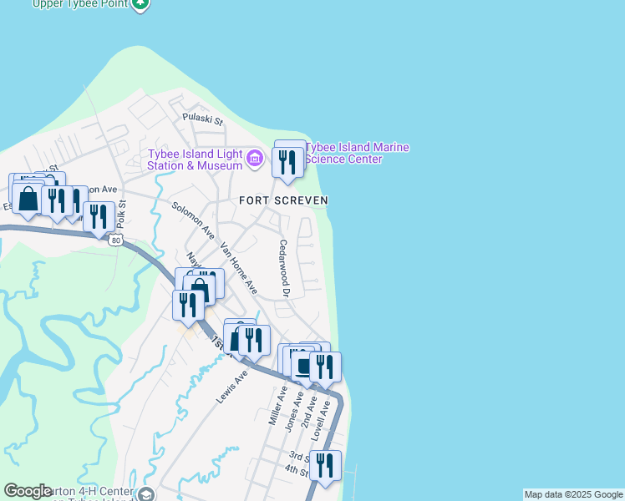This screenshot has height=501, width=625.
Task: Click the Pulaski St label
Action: pyautogui.click(x=204, y=120)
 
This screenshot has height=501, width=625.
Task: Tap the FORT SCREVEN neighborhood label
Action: pyautogui.click(x=283, y=200)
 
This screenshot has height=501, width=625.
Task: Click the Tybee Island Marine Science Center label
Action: pyautogui.click(x=358, y=154)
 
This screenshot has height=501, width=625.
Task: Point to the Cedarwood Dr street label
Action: pyautogui.click(x=283, y=269)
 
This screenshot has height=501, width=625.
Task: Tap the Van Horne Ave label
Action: pyautogui.click(x=239, y=268)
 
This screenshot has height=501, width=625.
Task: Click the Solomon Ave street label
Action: pyautogui.click(x=193, y=218)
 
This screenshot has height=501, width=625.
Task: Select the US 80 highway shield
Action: pyautogui.click(x=114, y=240)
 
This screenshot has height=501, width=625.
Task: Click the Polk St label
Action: pyautogui.click(x=121, y=214)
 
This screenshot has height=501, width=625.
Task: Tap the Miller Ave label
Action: pyautogui.click(x=278, y=407)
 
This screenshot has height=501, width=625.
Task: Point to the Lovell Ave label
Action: pyautogui.click(x=322, y=422)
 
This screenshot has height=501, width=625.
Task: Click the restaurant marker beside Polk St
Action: pyautogui.click(x=99, y=216)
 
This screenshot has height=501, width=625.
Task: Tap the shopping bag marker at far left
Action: pyautogui.click(x=28, y=199)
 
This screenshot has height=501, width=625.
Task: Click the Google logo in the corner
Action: pyautogui.click(x=28, y=491)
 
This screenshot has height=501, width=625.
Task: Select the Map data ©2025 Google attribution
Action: pyautogui.click(x=573, y=495)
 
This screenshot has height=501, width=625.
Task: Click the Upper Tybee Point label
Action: pyautogui.click(x=80, y=3)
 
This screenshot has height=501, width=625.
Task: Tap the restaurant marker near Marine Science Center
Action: pyautogui.click(x=287, y=161)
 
